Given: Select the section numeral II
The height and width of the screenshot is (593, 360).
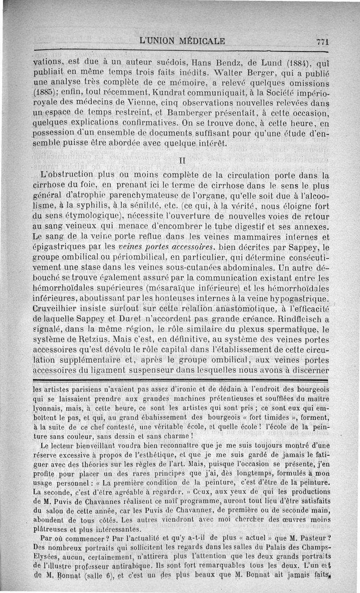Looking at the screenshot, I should [x=182, y=160].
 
